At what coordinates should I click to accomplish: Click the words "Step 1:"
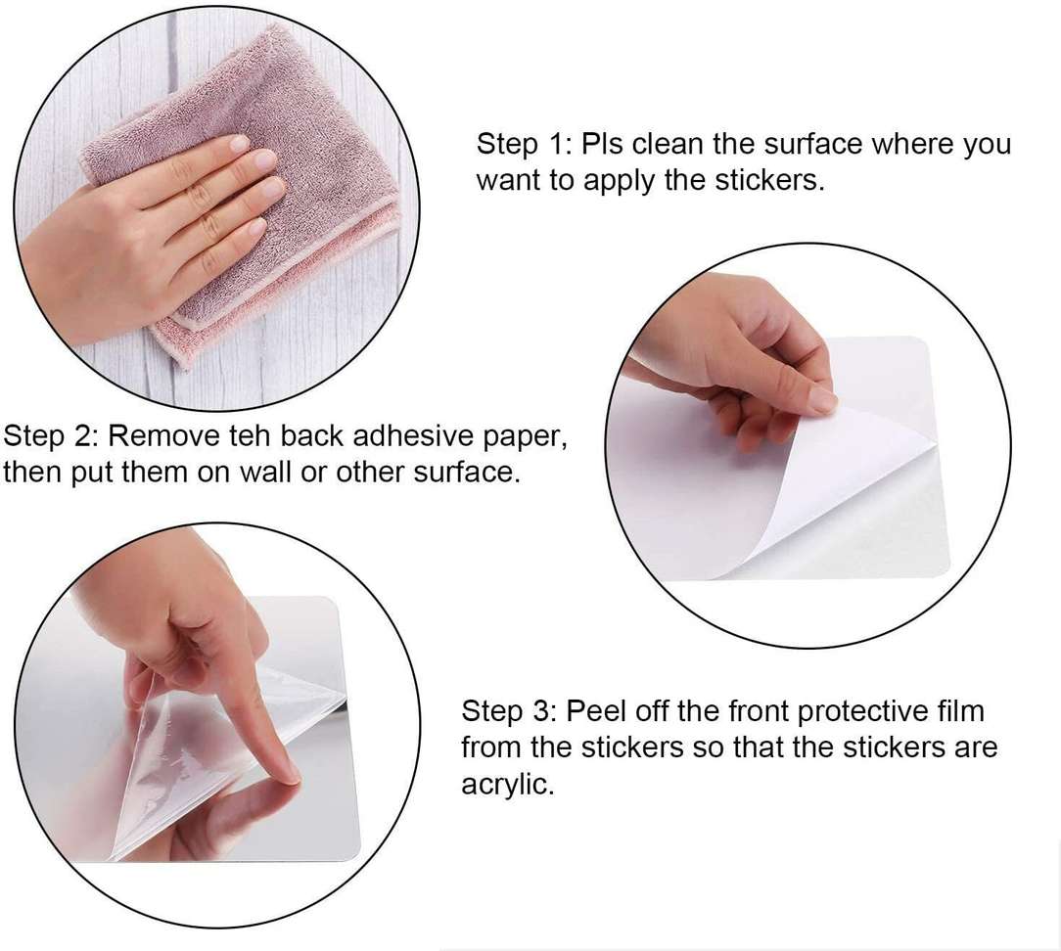[x=525, y=144]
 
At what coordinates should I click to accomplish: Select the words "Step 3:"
[x=510, y=711]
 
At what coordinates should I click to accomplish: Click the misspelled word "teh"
[x=251, y=436]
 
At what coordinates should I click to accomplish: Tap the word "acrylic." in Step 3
[x=507, y=785]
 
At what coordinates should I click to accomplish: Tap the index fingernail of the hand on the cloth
[x=240, y=144]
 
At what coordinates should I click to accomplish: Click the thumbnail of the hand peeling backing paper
[x=823, y=402]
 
